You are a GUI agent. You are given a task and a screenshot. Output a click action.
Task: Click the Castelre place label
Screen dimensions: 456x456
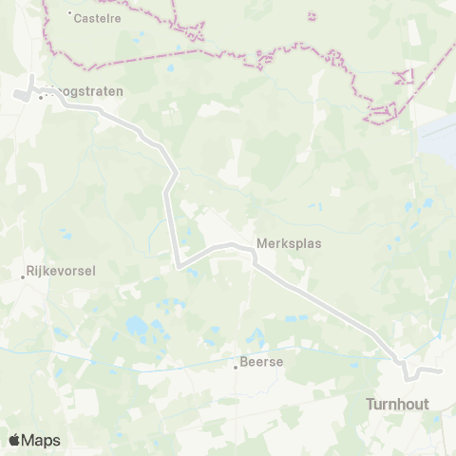click(x=98, y=17)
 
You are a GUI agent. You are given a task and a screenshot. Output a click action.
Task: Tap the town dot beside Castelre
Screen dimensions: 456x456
click(x=70, y=13)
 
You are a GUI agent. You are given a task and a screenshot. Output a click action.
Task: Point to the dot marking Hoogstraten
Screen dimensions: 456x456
click(x=40, y=97)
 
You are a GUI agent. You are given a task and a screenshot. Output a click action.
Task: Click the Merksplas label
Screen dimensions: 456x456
click(x=289, y=243)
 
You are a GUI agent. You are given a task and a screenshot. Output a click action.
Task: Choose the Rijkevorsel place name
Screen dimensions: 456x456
click(x=62, y=271)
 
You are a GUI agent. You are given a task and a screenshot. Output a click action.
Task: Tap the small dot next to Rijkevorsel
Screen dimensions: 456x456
click(x=24, y=277)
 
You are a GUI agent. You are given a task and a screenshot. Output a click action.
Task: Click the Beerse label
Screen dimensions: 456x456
click(x=262, y=361)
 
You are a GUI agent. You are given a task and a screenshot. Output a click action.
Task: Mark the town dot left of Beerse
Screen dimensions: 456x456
click(x=236, y=367)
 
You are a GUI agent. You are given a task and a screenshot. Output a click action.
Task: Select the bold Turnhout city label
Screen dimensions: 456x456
click(x=397, y=404)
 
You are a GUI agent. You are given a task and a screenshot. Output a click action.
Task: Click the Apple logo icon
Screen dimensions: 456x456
click(x=14, y=440)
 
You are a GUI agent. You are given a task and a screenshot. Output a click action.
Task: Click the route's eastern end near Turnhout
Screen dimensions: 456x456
click(x=440, y=370)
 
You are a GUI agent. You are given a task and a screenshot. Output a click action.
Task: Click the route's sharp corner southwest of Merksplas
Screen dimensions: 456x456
click(x=178, y=266)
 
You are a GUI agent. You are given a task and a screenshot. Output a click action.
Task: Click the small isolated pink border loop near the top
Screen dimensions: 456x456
click(x=312, y=15)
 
